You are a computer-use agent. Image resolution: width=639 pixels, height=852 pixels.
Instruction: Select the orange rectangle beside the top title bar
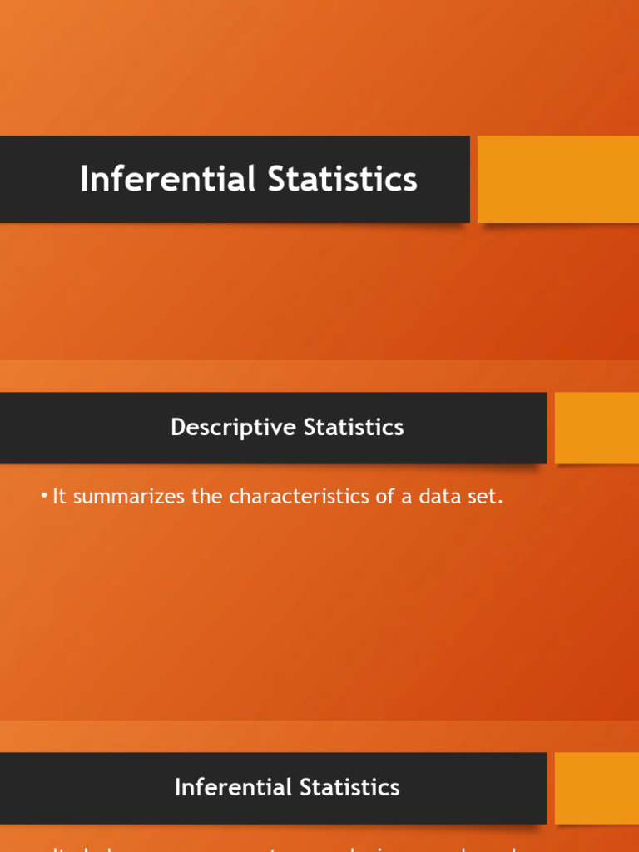click(557, 179)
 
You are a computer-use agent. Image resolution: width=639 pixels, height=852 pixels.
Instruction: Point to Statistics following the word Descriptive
click(354, 428)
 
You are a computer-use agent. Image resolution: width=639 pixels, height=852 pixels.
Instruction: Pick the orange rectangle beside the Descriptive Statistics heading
click(597, 428)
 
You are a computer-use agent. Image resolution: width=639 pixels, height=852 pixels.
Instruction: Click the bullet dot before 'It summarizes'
click(44, 497)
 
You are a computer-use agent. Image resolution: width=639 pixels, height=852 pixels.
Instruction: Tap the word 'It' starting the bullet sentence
click(58, 498)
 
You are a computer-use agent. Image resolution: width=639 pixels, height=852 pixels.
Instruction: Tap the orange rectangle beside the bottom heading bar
click(597, 788)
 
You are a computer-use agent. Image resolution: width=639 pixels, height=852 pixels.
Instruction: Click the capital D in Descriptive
click(177, 428)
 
